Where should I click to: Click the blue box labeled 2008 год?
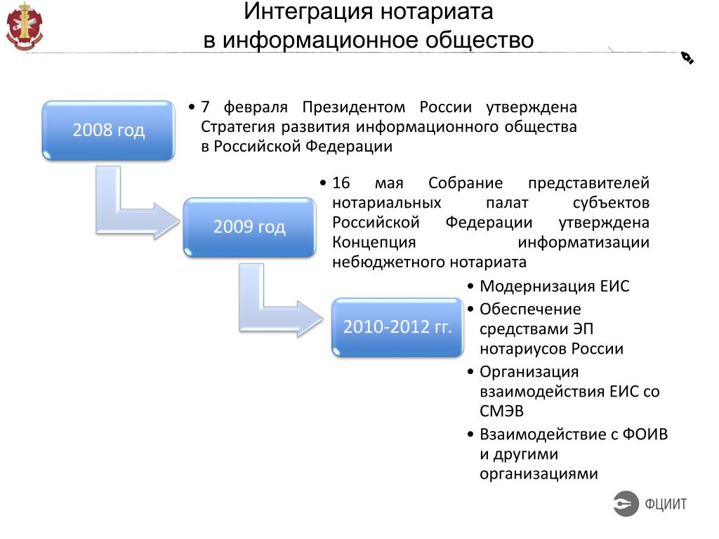(x=108, y=130)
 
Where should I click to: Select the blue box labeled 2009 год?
(x=249, y=227)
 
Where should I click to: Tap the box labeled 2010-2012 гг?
(x=397, y=327)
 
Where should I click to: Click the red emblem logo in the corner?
(x=25, y=26)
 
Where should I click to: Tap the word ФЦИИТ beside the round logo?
(x=666, y=504)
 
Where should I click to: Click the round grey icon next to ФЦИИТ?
(x=626, y=503)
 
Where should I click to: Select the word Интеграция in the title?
(x=308, y=11)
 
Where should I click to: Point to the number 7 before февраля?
(x=206, y=107)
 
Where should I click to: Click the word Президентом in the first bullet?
(x=354, y=107)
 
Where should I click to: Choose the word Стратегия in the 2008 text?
(x=238, y=127)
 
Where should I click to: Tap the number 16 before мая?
(x=341, y=183)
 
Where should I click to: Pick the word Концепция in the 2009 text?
(x=374, y=242)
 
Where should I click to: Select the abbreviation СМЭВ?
(x=501, y=411)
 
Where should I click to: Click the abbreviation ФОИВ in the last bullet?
(x=645, y=434)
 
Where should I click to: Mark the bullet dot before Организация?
(x=470, y=371)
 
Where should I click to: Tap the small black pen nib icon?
(x=687, y=58)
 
